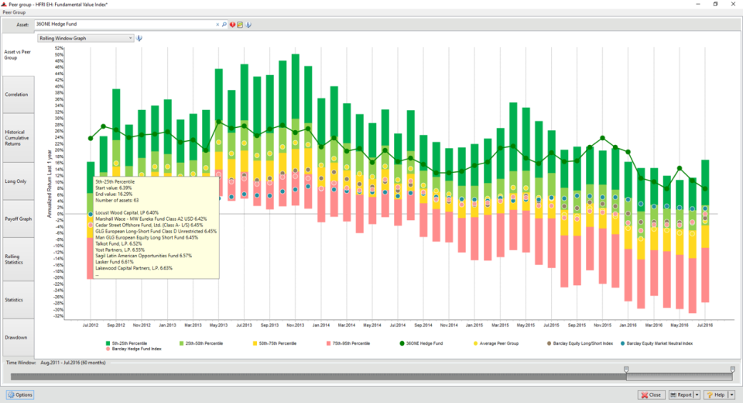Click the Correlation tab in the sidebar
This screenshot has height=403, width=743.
[17, 95]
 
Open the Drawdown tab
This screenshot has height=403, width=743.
[17, 337]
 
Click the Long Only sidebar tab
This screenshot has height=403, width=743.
[17, 181]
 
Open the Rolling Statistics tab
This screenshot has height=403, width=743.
[17, 260]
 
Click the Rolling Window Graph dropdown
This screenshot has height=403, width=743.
[85, 37]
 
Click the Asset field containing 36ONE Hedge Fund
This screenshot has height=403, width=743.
[124, 25]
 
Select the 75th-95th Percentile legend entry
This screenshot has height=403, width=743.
[350, 343]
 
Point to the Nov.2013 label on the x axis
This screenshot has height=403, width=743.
[295, 325]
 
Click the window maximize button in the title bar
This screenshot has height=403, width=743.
[715, 4]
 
